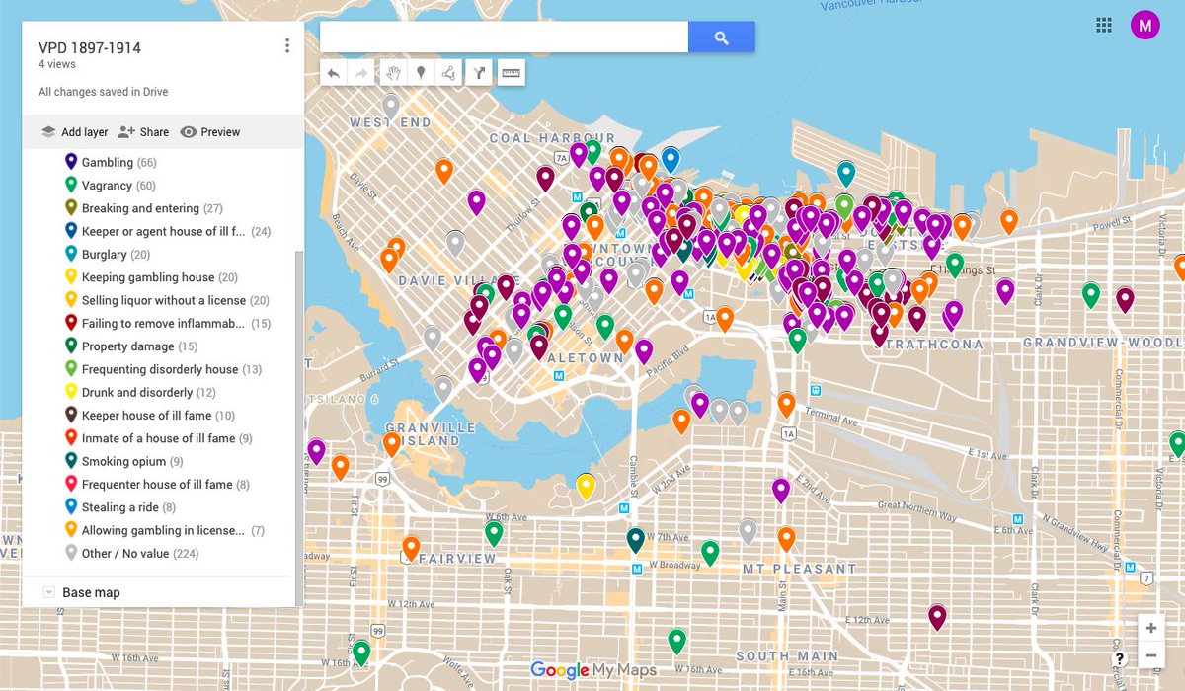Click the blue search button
(721, 38)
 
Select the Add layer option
(75, 132)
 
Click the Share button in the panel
(144, 132)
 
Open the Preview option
(210, 132)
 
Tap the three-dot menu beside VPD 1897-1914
(287, 46)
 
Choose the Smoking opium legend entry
(123, 462)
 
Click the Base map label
(91, 593)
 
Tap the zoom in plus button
(1151, 628)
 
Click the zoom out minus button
(1151, 655)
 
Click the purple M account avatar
(1145, 26)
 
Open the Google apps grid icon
(1104, 26)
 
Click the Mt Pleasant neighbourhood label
(800, 570)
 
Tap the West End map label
(390, 123)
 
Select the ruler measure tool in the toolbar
(511, 72)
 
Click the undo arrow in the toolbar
(334, 72)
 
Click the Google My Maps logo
(592, 670)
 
